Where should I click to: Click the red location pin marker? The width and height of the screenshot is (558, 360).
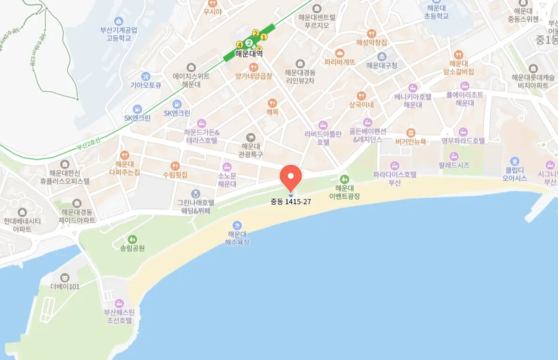291,177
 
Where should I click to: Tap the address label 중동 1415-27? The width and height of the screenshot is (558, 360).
291,202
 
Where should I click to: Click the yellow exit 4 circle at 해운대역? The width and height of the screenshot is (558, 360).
239,45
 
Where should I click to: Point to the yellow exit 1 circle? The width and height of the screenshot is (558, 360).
263,37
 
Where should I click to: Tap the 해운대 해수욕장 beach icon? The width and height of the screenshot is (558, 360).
237,225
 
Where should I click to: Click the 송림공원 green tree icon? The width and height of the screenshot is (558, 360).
132,239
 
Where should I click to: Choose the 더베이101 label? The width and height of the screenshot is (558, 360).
65,286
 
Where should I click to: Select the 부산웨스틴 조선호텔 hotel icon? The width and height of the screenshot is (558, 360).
119,302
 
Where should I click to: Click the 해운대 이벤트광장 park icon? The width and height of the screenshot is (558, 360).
345,179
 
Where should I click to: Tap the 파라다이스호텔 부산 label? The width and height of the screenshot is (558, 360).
395,178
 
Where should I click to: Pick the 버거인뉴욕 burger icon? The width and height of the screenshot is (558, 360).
411,132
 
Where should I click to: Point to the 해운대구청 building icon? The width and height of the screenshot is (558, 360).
382,56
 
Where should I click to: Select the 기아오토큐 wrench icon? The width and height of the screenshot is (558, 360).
146,76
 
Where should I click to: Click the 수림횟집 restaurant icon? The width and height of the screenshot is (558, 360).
175,166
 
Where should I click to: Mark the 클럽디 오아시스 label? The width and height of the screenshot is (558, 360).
514,174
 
